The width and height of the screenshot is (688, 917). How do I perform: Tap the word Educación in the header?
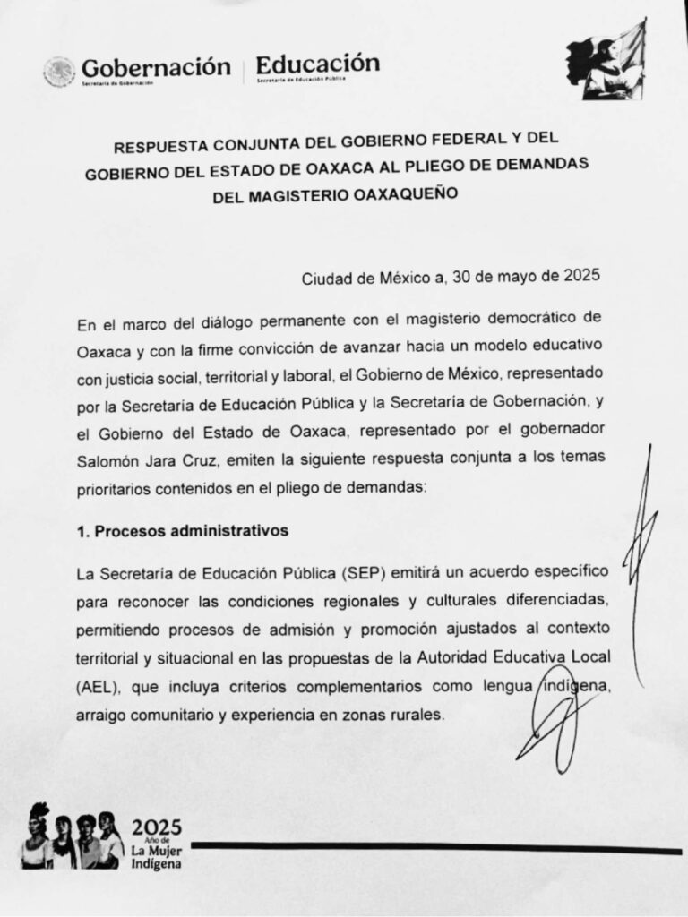(317, 64)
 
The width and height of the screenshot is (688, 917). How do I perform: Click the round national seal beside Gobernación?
(59, 71)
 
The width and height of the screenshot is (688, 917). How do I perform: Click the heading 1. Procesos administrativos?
(183, 530)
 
